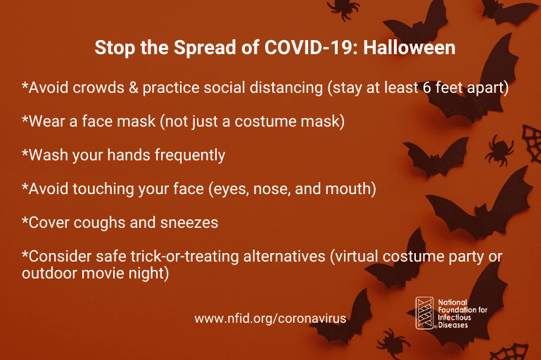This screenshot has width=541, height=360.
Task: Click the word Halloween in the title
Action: tap(409, 48)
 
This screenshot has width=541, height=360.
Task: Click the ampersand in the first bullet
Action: tap(134, 88)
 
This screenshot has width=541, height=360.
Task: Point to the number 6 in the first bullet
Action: tap(427, 88)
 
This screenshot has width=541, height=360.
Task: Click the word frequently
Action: tap(190, 155)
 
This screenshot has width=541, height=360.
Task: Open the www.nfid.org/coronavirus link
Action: tap(270, 319)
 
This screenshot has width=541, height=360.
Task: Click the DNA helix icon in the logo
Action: tap(424, 313)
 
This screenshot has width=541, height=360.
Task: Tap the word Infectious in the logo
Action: tap(454, 318)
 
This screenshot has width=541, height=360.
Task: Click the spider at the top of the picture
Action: tap(343, 8)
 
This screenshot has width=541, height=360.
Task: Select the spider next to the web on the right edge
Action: tap(499, 150)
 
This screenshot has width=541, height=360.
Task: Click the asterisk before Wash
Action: tap(25, 153)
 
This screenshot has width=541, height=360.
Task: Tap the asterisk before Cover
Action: tap(25, 220)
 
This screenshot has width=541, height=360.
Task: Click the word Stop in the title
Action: tap(115, 49)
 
